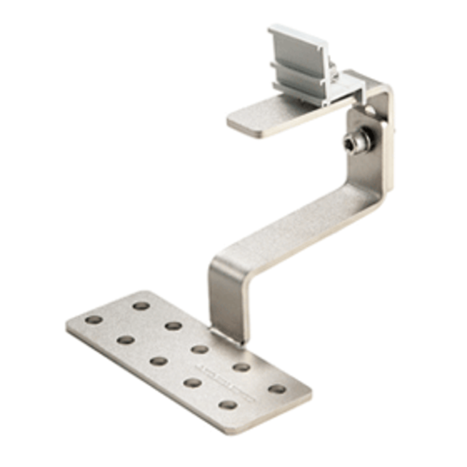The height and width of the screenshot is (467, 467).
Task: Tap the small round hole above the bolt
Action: tap(369, 110)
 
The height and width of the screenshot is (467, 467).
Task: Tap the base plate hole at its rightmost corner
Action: tap(277, 389)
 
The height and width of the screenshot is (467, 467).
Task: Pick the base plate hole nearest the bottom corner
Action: tap(228, 405)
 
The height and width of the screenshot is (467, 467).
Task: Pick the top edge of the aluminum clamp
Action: tap(290, 32)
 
